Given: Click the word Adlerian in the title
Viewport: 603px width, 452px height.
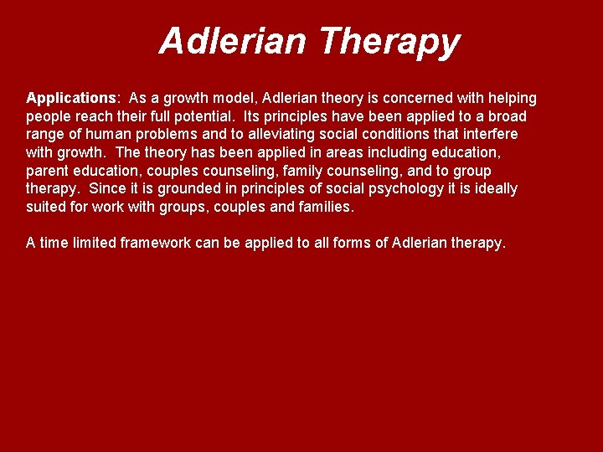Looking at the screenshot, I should pyautogui.click(x=232, y=40).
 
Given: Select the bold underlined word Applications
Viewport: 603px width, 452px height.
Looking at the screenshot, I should pyautogui.click(x=70, y=98).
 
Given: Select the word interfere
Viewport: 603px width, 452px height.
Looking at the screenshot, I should pyautogui.click(x=488, y=135).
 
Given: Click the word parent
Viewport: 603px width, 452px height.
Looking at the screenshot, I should pyautogui.click(x=47, y=171).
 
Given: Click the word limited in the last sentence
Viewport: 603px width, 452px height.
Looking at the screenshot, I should pyautogui.click(x=92, y=243).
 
